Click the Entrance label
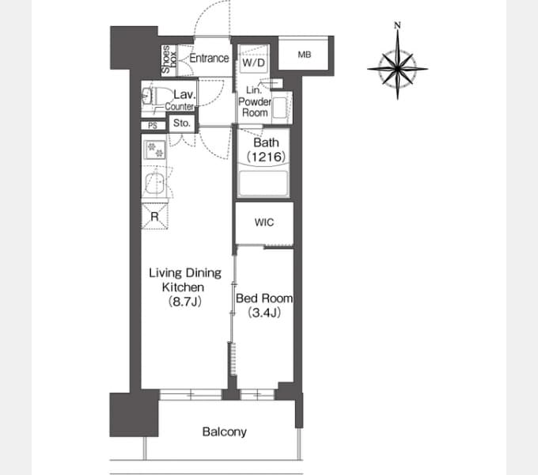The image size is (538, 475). (209, 58)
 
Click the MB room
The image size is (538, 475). (303, 54)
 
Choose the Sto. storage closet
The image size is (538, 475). (181, 123)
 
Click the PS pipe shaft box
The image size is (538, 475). (153, 126)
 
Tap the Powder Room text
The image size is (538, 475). (255, 107)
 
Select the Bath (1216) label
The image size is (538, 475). (267, 150)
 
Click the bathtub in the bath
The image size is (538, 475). (263, 183)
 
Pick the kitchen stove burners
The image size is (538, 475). (155, 150)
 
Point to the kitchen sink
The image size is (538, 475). (155, 184)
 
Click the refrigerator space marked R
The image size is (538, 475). (155, 216)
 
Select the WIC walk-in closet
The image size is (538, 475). (264, 222)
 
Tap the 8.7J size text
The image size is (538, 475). (184, 302)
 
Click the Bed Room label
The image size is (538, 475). (264, 298)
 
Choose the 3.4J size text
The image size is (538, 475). (264, 313)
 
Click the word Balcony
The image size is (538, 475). (225, 431)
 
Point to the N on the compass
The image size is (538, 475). (397, 25)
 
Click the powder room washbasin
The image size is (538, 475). (281, 108)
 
